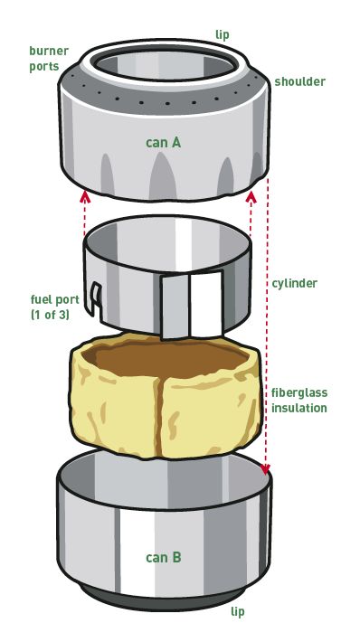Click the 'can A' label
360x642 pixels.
[x=163, y=143]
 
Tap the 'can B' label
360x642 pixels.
[x=163, y=558]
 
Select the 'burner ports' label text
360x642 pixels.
[x=49, y=59]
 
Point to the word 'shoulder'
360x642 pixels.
[x=299, y=81]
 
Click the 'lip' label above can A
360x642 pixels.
[x=222, y=35]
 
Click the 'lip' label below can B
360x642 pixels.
[x=238, y=611]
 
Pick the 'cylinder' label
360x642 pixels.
[x=294, y=283]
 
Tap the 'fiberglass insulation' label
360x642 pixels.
[x=299, y=401]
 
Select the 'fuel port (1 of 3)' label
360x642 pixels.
[x=55, y=307]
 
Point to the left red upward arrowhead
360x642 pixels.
[x=85, y=196]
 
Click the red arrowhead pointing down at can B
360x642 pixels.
[x=265, y=468]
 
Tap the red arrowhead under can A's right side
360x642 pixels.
[x=251, y=198]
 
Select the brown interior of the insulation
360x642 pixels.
[x=172, y=358]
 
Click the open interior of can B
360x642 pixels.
[x=164, y=479]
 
